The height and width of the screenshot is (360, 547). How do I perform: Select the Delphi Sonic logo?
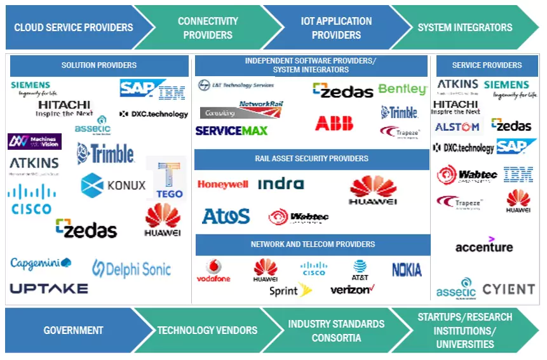click(x=132, y=269)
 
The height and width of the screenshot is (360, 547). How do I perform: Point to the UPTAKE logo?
click(x=49, y=288)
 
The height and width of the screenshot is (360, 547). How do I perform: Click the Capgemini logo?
click(x=41, y=263)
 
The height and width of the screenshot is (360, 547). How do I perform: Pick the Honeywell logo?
click(x=222, y=185)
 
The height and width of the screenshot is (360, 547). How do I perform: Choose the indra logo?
click(x=281, y=184)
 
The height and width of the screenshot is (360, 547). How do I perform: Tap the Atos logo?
click(x=226, y=217)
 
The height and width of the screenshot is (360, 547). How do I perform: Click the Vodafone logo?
click(x=213, y=271)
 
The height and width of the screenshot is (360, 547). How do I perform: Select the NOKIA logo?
click(x=407, y=270)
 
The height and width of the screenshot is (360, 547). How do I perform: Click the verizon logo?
click(x=353, y=290)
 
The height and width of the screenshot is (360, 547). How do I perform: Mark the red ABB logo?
click(x=334, y=123)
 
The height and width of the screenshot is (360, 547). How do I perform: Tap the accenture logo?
click(x=484, y=245)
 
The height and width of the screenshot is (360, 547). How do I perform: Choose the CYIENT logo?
click(x=508, y=290)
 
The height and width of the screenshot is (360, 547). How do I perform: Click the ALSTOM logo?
click(x=457, y=127)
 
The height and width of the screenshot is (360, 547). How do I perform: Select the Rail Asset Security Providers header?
click(x=311, y=159)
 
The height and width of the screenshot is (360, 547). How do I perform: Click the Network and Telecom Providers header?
click(x=313, y=244)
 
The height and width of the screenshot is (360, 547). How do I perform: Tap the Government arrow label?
click(x=73, y=330)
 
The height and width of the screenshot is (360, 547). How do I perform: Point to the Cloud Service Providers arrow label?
click(x=74, y=27)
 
